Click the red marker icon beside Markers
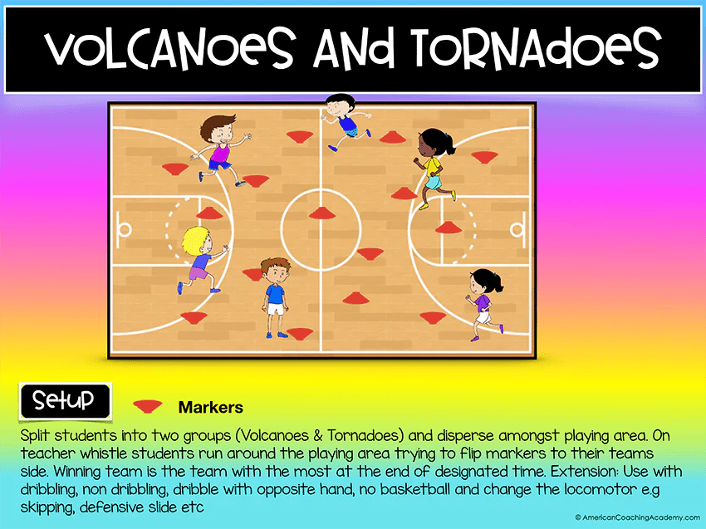148,406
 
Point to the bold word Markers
210,407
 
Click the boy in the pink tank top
218,151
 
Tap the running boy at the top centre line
341,121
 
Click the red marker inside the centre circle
321,213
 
